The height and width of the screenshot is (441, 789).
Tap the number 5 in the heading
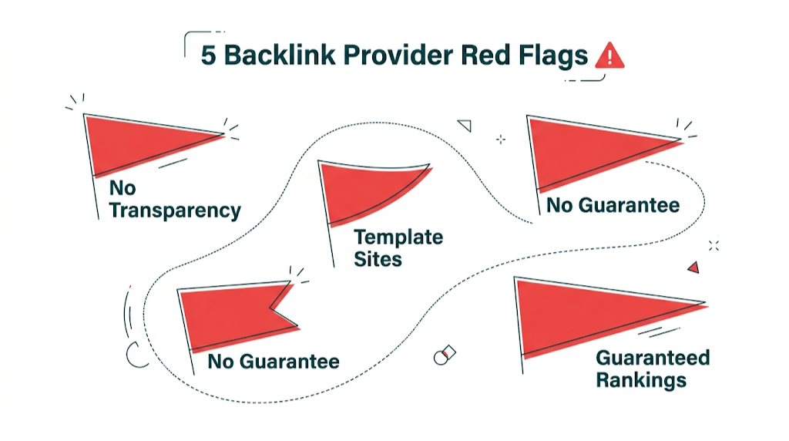point(208,56)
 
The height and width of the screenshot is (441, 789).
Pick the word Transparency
point(175,210)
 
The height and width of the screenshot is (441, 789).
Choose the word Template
point(398,237)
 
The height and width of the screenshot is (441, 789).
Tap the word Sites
point(378,259)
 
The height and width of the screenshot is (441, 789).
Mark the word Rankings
point(641,379)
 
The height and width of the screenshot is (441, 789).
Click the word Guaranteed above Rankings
point(653,358)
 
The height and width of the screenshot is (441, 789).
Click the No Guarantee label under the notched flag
point(274,361)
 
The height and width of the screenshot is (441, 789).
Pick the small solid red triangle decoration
point(693,268)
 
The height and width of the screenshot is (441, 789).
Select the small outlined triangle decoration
point(464,125)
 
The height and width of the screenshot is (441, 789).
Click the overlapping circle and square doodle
point(444,355)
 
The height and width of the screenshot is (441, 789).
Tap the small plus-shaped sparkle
point(501,140)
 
